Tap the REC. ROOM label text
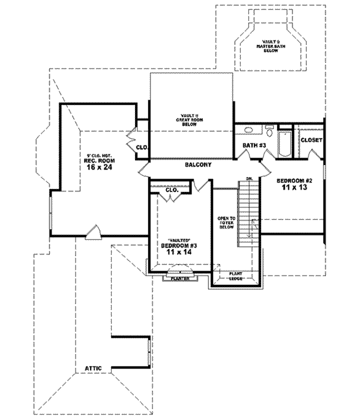click(x=100, y=160)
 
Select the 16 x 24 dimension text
click(x=100, y=169)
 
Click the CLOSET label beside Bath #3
click(x=311, y=140)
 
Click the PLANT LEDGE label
click(x=236, y=277)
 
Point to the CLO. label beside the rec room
click(x=142, y=146)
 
